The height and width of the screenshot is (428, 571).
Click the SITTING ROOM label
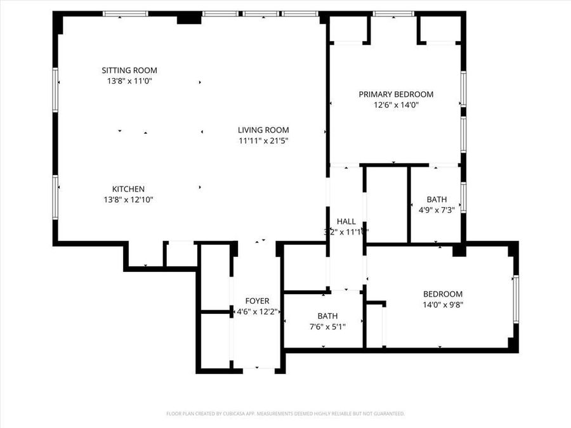click(129, 70)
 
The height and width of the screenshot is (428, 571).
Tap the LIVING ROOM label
click(263, 130)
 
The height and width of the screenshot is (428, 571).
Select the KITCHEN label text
click(129, 189)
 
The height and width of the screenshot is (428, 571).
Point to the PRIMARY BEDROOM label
click(396, 94)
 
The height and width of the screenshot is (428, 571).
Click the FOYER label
click(257, 301)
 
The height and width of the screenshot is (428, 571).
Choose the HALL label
click(346, 221)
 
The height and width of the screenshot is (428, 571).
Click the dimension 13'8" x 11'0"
click(129, 81)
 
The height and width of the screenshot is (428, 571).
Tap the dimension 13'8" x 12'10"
click(129, 199)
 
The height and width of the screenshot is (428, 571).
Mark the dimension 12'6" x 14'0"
click(396, 105)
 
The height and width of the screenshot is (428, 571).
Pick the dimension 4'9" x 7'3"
click(436, 210)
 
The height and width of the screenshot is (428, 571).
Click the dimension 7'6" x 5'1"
click(327, 327)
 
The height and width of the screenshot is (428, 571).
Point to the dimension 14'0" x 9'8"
click(443, 304)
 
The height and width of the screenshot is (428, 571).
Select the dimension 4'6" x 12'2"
click(257, 311)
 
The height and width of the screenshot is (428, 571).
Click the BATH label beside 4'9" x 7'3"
click(436, 199)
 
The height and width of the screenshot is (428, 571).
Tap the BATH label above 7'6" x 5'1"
click(327, 316)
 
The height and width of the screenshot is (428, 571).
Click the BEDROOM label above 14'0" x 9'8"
click(443, 294)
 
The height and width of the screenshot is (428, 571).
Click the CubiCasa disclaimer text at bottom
click(285, 413)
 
